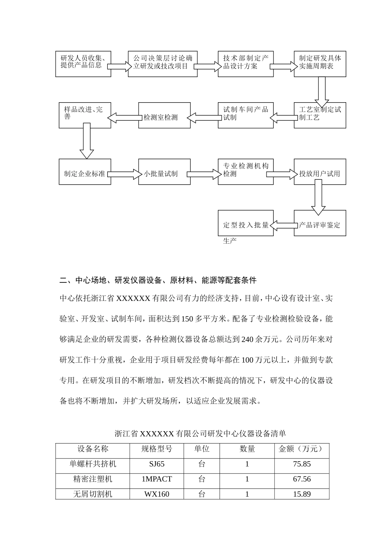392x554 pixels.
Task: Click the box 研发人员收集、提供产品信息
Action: [83, 64]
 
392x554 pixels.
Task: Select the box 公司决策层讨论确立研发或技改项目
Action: [163, 64]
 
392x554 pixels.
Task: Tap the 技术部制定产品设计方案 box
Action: [246, 64]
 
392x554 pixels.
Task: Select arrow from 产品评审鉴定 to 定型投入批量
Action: [284, 225]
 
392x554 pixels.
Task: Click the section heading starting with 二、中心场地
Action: [158, 280]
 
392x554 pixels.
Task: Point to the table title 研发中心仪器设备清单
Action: [200, 434]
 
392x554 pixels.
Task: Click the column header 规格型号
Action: [156, 449]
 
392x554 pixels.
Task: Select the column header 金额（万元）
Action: [301, 449]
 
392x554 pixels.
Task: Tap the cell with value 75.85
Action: [302, 464]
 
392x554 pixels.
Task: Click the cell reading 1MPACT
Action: [156, 479]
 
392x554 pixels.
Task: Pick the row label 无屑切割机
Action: [92, 494]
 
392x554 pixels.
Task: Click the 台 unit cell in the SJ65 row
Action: [201, 464]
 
